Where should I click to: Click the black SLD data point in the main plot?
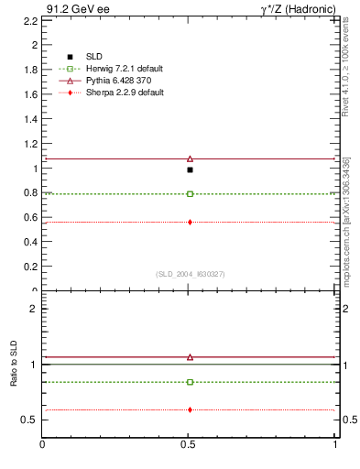click(190, 169)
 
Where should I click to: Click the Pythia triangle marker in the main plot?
click(190, 158)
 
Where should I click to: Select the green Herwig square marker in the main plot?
click(190, 194)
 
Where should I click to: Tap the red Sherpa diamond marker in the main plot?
click(190, 222)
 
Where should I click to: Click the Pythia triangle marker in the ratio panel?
click(190, 357)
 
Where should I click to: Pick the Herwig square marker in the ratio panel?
click(190, 382)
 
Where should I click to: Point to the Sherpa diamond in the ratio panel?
click(190, 409)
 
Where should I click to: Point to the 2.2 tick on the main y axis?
click(34, 19)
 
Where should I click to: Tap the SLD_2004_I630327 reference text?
click(190, 274)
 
